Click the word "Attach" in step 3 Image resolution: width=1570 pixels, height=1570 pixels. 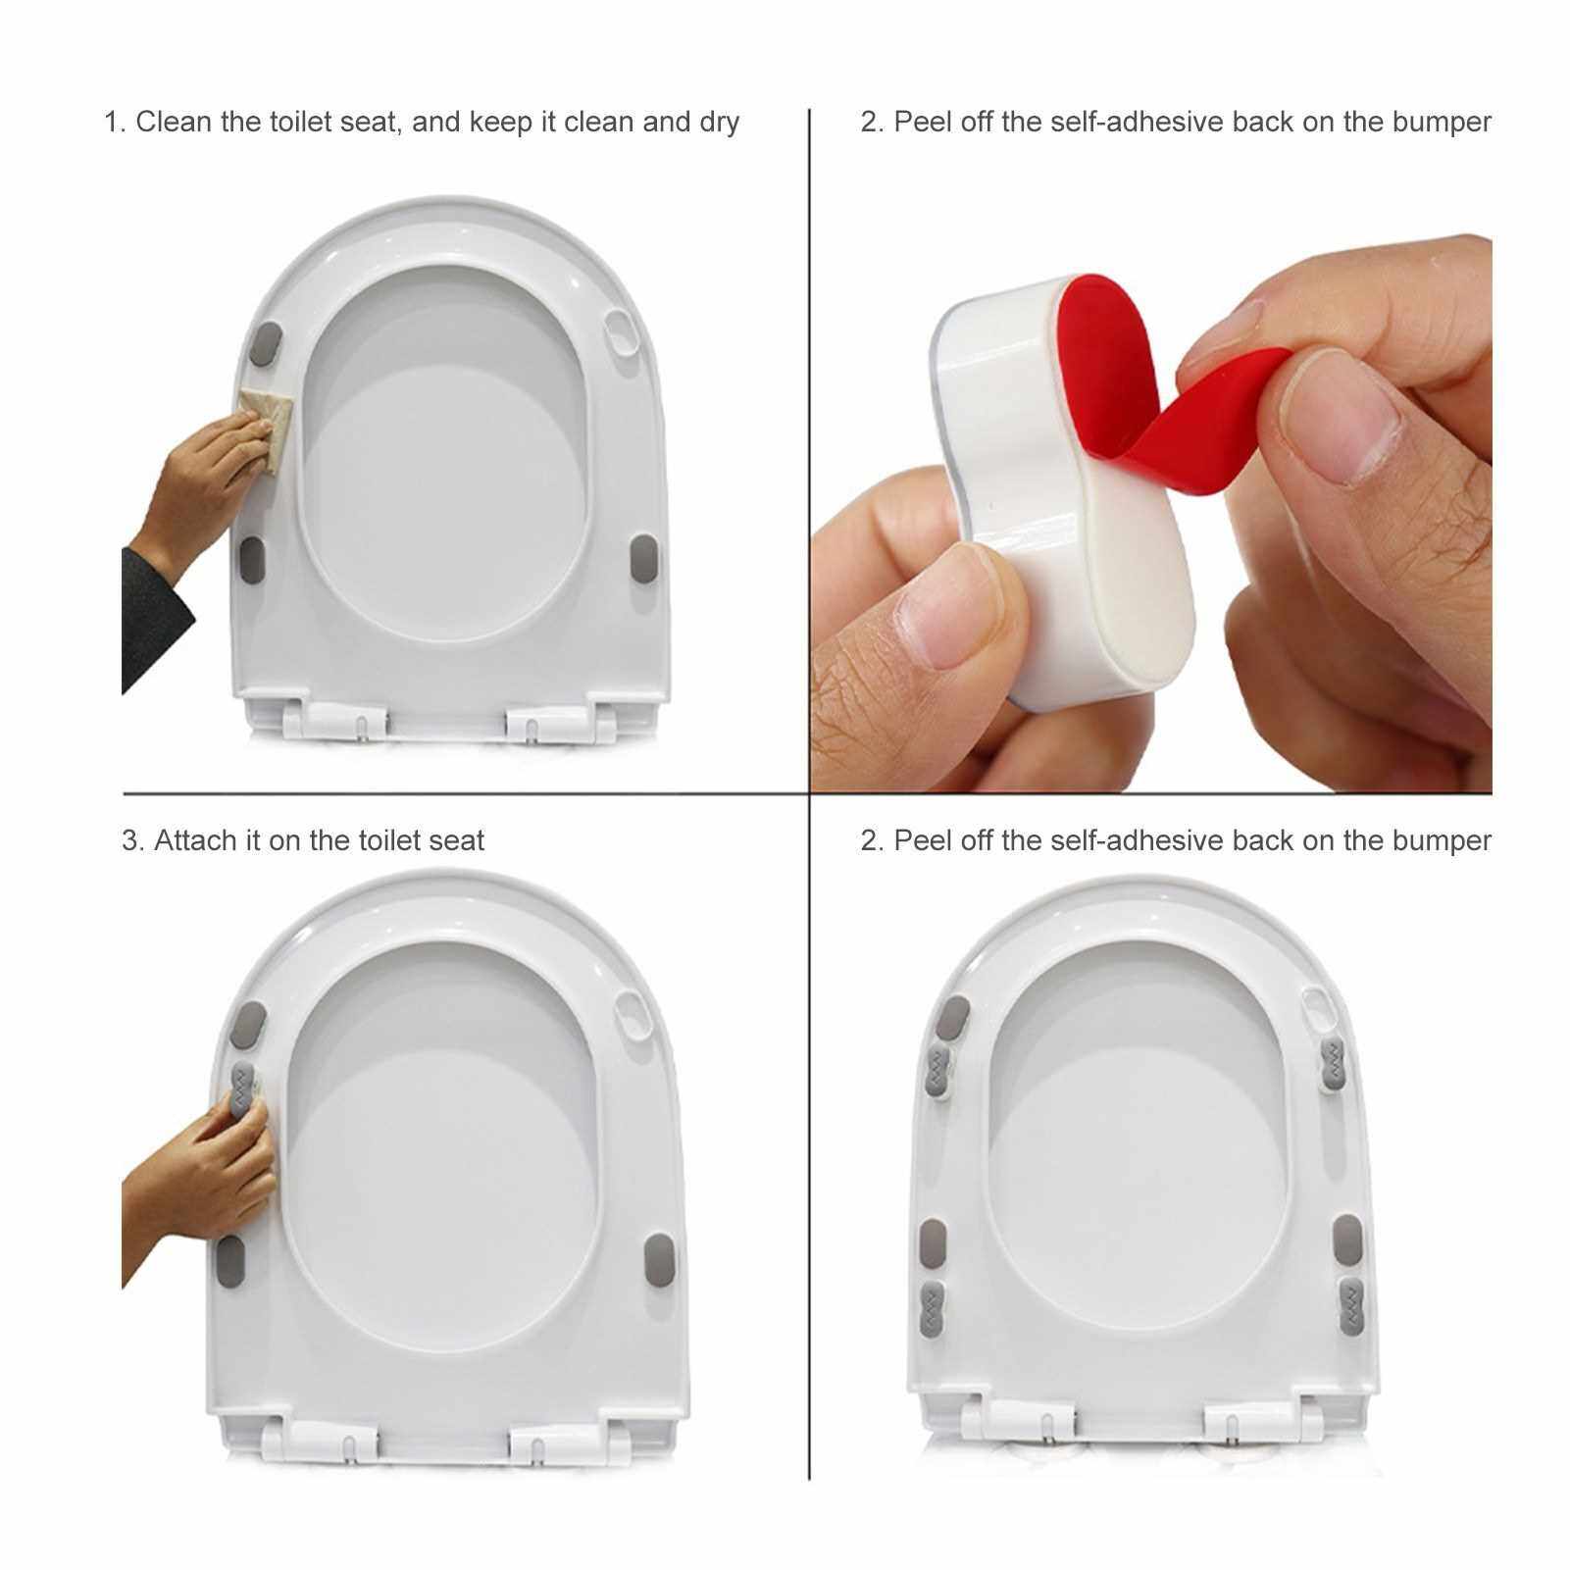click(x=196, y=840)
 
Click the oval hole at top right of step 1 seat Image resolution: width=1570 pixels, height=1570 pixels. click(x=622, y=335)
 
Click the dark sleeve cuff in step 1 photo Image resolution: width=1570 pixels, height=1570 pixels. click(x=157, y=618)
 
